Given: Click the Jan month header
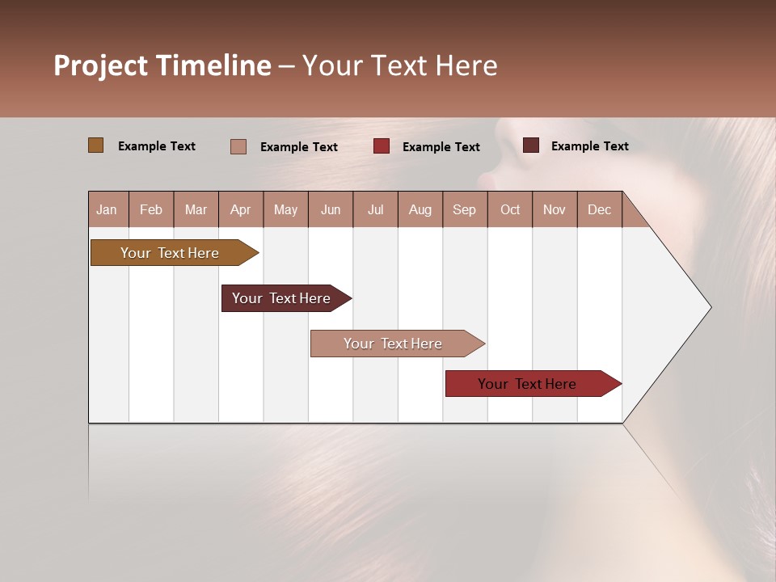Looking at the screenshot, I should click(x=108, y=209).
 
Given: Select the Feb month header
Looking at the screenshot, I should click(x=151, y=209).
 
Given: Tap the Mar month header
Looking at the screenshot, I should click(x=196, y=209).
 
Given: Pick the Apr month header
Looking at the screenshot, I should click(x=241, y=209).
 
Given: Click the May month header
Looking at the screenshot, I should click(x=285, y=209).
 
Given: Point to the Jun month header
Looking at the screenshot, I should click(x=331, y=209).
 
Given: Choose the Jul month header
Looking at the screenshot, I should click(x=375, y=209).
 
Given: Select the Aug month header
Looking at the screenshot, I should click(x=420, y=209).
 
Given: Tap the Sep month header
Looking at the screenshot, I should click(x=465, y=209).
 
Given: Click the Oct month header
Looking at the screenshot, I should click(x=510, y=209).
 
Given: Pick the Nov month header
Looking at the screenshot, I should click(x=555, y=209).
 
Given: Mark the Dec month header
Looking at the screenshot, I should click(x=600, y=209).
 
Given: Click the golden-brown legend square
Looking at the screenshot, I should click(x=96, y=145).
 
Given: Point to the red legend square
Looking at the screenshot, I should click(x=382, y=146).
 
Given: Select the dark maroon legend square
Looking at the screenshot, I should click(x=531, y=145).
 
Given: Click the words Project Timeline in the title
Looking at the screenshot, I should click(x=162, y=65).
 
